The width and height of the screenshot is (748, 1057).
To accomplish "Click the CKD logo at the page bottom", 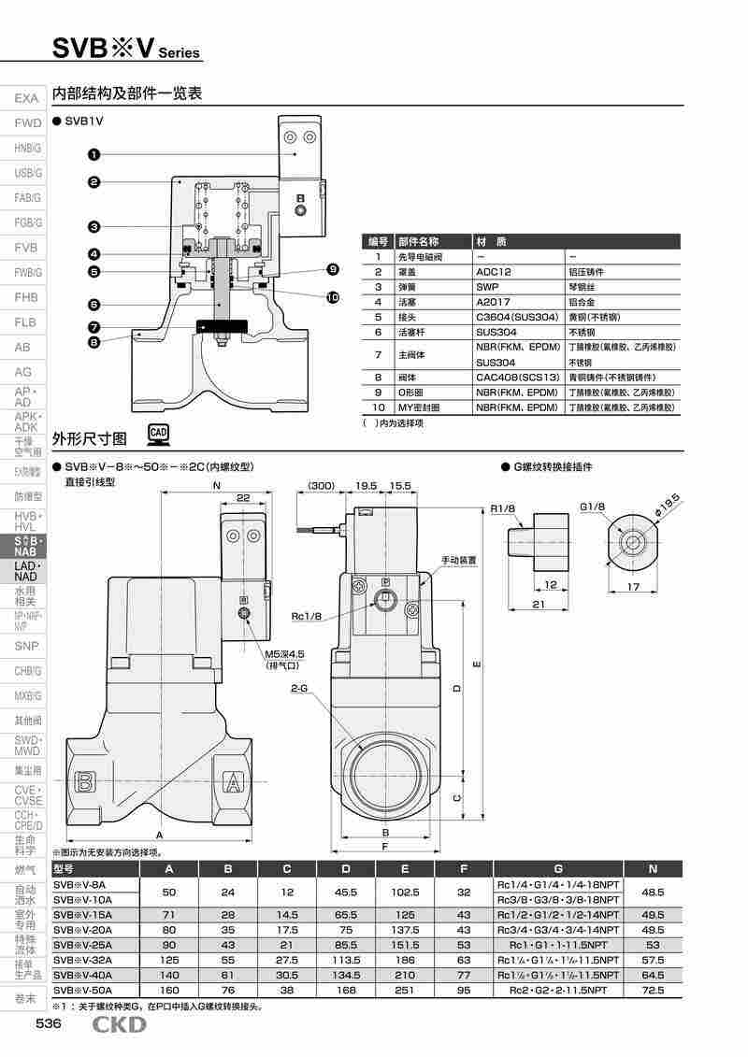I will (x=119, y=1026).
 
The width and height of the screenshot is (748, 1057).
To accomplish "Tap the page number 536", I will (x=49, y=1025).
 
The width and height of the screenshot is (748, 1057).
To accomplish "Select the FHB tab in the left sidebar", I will (x=26, y=297).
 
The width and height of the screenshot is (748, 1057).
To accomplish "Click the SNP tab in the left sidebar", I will (x=26, y=646).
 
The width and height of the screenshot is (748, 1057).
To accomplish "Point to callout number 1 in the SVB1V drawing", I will (x=94, y=153).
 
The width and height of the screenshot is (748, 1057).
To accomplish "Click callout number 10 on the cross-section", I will (x=333, y=297).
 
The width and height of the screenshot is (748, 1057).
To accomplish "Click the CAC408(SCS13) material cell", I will (x=517, y=377).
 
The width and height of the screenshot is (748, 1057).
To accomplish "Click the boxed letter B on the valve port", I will (x=86, y=781).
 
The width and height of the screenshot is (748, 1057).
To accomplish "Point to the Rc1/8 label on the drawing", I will (x=306, y=616).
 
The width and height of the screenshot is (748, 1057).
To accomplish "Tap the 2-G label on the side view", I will (x=299, y=688).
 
